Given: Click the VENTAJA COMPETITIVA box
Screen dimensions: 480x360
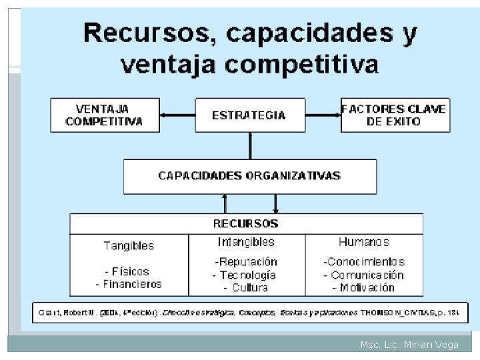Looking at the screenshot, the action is [105, 115].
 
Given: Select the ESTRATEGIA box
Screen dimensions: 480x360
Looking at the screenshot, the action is [249, 115].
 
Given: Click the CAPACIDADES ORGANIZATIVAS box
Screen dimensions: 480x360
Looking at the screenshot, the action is [249, 176].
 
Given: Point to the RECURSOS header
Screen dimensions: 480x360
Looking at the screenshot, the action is [245, 223].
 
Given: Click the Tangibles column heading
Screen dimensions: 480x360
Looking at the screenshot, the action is [129, 245].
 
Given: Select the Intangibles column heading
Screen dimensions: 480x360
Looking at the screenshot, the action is [246, 242].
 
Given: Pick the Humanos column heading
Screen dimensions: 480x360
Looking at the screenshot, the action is [364, 242].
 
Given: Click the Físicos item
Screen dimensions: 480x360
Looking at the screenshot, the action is [127, 271].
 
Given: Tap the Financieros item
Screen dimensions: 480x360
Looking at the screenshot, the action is [129, 284].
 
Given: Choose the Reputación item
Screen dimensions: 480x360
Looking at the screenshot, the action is [245, 262].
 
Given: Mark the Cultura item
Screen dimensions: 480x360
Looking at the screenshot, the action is [246, 287].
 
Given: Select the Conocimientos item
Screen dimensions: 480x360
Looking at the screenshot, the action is [364, 262].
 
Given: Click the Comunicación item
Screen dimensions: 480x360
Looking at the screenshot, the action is [364, 275].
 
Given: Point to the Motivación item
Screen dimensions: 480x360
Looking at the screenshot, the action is [363, 287].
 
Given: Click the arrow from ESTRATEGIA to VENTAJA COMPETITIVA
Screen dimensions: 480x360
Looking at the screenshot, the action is [177, 115].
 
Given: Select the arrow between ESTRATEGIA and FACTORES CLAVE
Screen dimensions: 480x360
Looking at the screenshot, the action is [323, 115].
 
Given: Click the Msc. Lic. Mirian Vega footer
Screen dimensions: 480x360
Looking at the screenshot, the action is [408, 345].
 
